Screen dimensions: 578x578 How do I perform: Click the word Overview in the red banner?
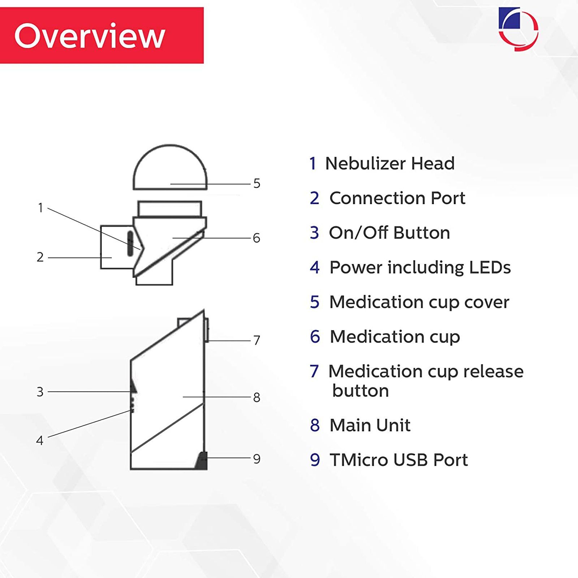tap(90, 36)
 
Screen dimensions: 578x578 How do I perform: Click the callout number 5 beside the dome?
tap(256, 184)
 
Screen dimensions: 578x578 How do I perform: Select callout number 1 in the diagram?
tap(40, 208)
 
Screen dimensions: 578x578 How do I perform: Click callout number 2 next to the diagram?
tap(40, 257)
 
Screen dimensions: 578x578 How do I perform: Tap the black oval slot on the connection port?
tap(130, 243)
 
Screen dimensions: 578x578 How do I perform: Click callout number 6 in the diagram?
tap(256, 238)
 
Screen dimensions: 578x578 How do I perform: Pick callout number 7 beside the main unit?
tap(256, 340)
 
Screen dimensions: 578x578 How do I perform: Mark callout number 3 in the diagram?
tap(40, 392)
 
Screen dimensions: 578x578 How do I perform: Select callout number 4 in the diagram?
tap(40, 441)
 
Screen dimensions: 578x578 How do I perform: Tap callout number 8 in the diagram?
tap(256, 397)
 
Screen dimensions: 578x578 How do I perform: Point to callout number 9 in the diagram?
tap(256, 459)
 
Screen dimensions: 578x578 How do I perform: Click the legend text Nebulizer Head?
tap(390, 163)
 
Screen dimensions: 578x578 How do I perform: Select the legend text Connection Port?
tap(397, 198)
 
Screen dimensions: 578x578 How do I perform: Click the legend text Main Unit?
tap(370, 425)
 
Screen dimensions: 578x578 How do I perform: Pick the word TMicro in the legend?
tap(359, 460)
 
